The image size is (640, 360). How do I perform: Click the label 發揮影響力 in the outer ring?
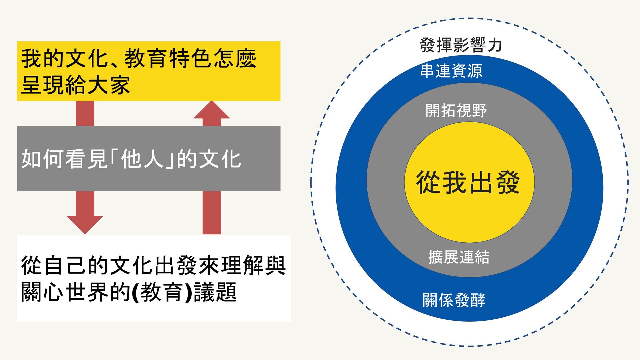[461, 45]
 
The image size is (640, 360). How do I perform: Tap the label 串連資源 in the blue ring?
[451, 71]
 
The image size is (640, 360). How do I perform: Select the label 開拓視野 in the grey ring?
[456, 110]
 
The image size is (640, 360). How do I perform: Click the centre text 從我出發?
[468, 182]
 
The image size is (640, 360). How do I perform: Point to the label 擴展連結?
[459, 257]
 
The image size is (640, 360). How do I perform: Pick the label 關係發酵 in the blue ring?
[454, 300]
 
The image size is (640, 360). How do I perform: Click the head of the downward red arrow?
[85, 224]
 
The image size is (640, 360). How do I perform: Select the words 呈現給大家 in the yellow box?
[75, 85]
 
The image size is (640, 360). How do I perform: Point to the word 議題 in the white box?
[215, 292]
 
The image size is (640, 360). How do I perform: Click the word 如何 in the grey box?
[43, 159]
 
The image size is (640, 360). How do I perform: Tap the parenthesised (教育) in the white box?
[162, 292]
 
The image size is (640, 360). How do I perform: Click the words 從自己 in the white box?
[54, 265]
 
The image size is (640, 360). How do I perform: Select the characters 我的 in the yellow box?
[43, 58]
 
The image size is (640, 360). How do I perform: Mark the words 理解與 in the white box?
[254, 265]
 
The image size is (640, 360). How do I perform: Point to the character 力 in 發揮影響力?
[495, 45]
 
